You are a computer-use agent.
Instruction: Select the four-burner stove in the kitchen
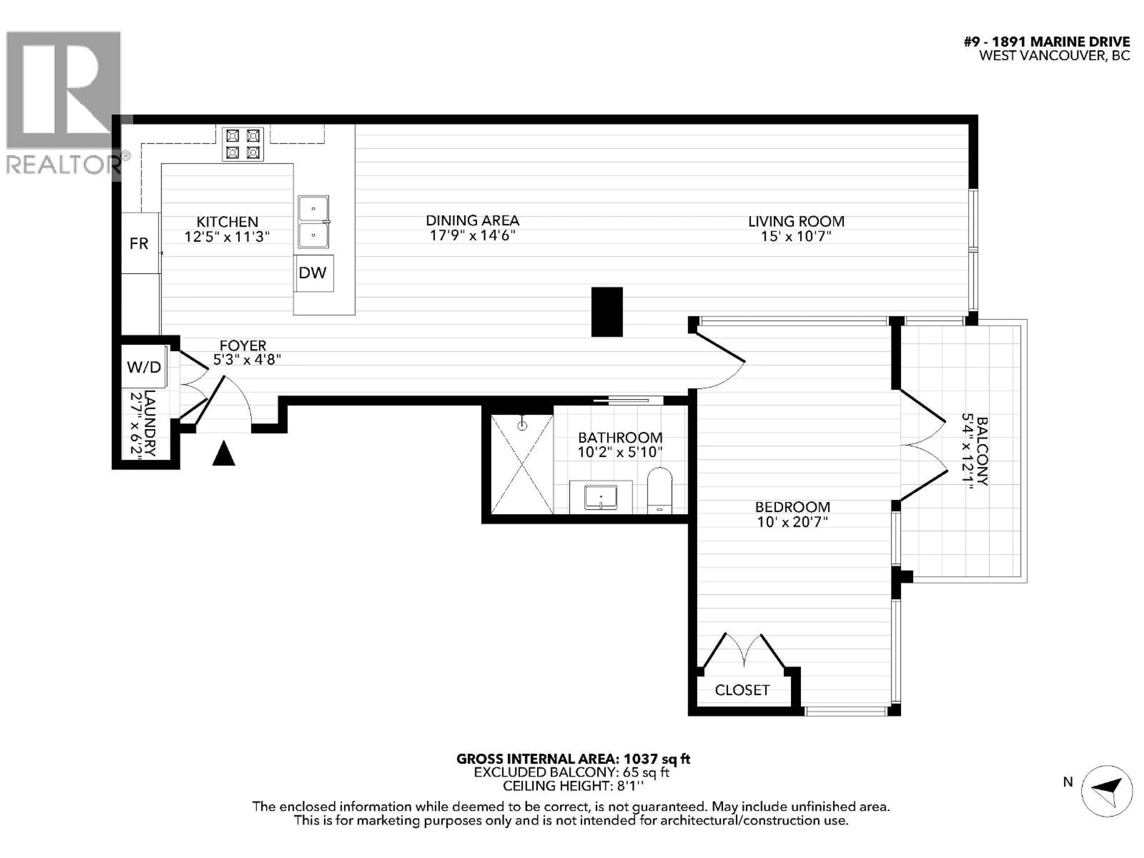point(243,144)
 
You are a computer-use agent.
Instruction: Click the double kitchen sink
point(313,222)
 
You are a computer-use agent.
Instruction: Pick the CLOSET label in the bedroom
point(742,690)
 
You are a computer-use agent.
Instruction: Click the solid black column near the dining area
point(607,312)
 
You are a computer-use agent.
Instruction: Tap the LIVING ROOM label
point(796,221)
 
